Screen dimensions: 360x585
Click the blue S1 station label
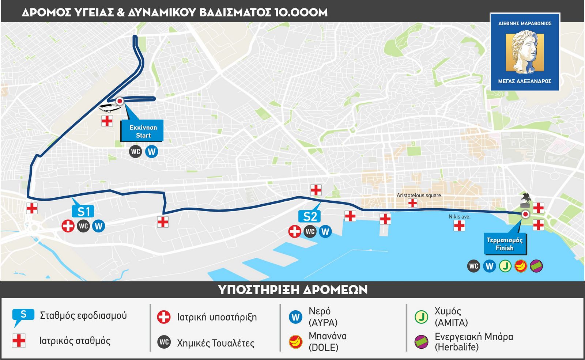[83, 211]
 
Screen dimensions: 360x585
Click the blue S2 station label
[310, 216]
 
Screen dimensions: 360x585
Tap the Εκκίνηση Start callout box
[143, 131]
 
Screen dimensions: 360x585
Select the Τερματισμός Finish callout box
[505, 244]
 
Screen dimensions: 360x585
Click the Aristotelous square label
[419, 195]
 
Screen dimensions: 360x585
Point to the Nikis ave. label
[459, 216]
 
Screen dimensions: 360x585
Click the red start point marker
[120, 101]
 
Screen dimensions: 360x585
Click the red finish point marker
[525, 215]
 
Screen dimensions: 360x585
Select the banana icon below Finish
[521, 266]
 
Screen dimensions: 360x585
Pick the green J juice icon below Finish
[505, 266]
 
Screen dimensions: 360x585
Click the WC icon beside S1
[83, 226]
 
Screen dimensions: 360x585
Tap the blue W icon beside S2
[325, 231]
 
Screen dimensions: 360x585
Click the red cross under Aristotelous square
[412, 204]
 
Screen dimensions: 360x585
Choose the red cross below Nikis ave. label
[459, 226]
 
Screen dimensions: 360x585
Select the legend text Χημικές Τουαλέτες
[216, 343]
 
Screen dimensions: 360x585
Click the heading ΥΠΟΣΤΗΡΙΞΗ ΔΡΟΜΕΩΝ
[292, 289]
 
